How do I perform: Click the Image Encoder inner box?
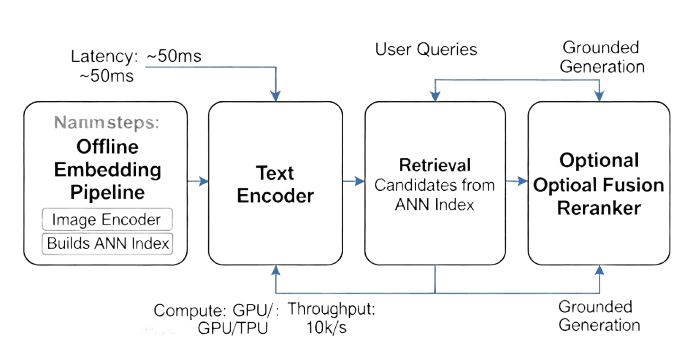(x=106, y=219)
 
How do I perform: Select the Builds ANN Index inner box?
(x=106, y=242)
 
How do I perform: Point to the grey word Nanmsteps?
(x=107, y=124)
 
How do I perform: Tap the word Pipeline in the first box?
(x=106, y=190)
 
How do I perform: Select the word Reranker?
(x=598, y=208)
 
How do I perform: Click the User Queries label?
(x=426, y=49)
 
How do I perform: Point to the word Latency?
(x=105, y=56)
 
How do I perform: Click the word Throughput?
(x=332, y=309)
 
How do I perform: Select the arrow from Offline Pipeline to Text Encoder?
(x=197, y=182)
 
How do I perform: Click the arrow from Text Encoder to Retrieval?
(x=353, y=182)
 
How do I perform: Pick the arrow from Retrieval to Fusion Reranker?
(x=514, y=182)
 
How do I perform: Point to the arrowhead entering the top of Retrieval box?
(x=433, y=97)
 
